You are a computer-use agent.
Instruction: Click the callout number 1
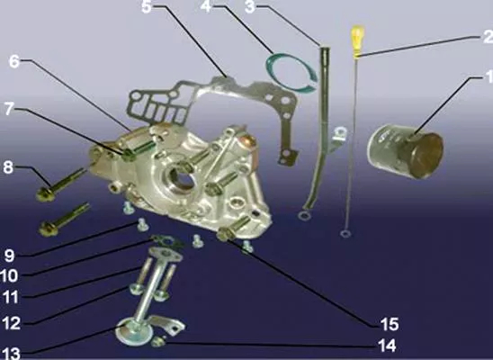(489, 77)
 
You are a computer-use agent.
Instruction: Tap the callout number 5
(146, 7)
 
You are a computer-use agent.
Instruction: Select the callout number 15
(390, 324)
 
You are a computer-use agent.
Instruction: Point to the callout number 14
(387, 346)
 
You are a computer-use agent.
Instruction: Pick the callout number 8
(8, 167)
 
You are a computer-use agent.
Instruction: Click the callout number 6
(14, 61)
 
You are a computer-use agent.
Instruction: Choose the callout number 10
(9, 276)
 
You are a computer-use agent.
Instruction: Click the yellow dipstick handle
(358, 41)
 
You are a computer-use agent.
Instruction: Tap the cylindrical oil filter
(406, 151)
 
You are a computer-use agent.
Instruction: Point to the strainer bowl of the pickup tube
(134, 332)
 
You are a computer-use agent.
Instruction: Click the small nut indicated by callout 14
(158, 341)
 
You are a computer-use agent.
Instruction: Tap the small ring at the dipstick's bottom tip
(345, 234)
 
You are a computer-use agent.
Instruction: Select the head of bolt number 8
(46, 193)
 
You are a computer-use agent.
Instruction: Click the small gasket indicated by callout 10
(167, 241)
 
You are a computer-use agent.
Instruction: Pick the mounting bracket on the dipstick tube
(337, 139)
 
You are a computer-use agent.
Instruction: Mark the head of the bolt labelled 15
(225, 234)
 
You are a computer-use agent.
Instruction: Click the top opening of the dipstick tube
(325, 48)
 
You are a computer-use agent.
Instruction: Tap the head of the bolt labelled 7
(129, 154)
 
